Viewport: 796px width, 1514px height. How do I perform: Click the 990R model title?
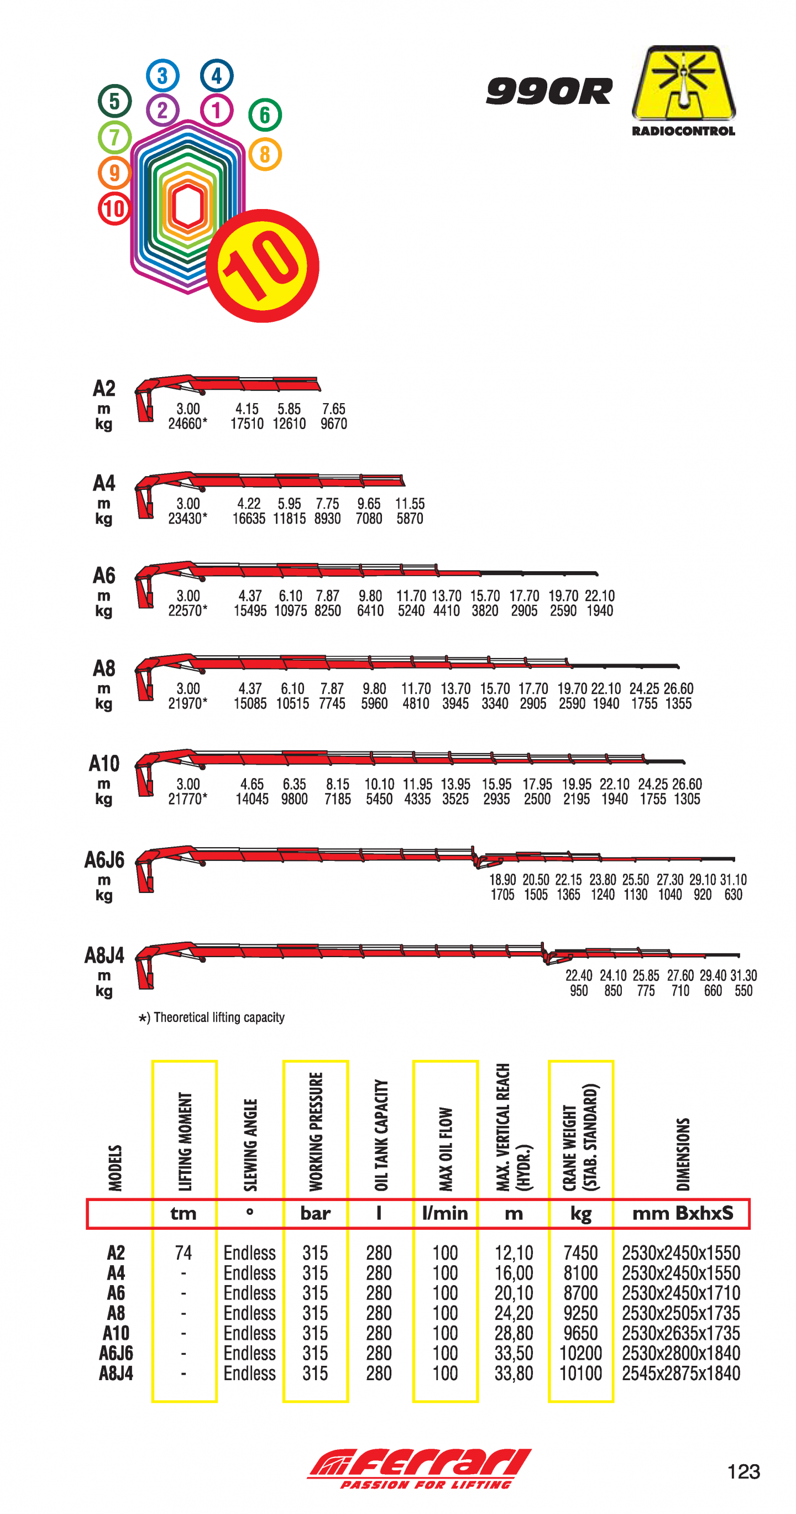point(549,91)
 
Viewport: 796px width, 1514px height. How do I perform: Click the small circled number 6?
point(265,114)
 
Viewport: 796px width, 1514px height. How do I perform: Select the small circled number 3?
point(162,75)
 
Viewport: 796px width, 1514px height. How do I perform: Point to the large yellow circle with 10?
point(262,265)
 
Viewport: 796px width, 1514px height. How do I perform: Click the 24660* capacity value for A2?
point(187,424)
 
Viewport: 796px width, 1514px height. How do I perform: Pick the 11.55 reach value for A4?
point(410,504)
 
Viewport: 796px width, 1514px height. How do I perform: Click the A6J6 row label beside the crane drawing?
point(104,860)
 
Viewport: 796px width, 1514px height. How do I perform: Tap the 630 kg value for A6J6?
point(733,895)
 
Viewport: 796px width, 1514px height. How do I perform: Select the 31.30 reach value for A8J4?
point(743,975)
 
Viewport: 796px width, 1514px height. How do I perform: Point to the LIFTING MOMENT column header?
point(185,1141)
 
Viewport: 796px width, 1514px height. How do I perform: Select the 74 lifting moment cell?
point(184,1252)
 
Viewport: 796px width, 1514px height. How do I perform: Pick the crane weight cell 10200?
point(580,1353)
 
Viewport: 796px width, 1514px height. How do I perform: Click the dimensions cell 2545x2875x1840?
point(681,1373)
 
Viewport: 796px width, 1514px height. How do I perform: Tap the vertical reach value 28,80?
point(514,1333)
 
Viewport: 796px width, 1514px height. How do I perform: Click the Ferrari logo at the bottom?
point(420,1468)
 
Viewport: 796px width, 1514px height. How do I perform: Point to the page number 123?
point(743,1471)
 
